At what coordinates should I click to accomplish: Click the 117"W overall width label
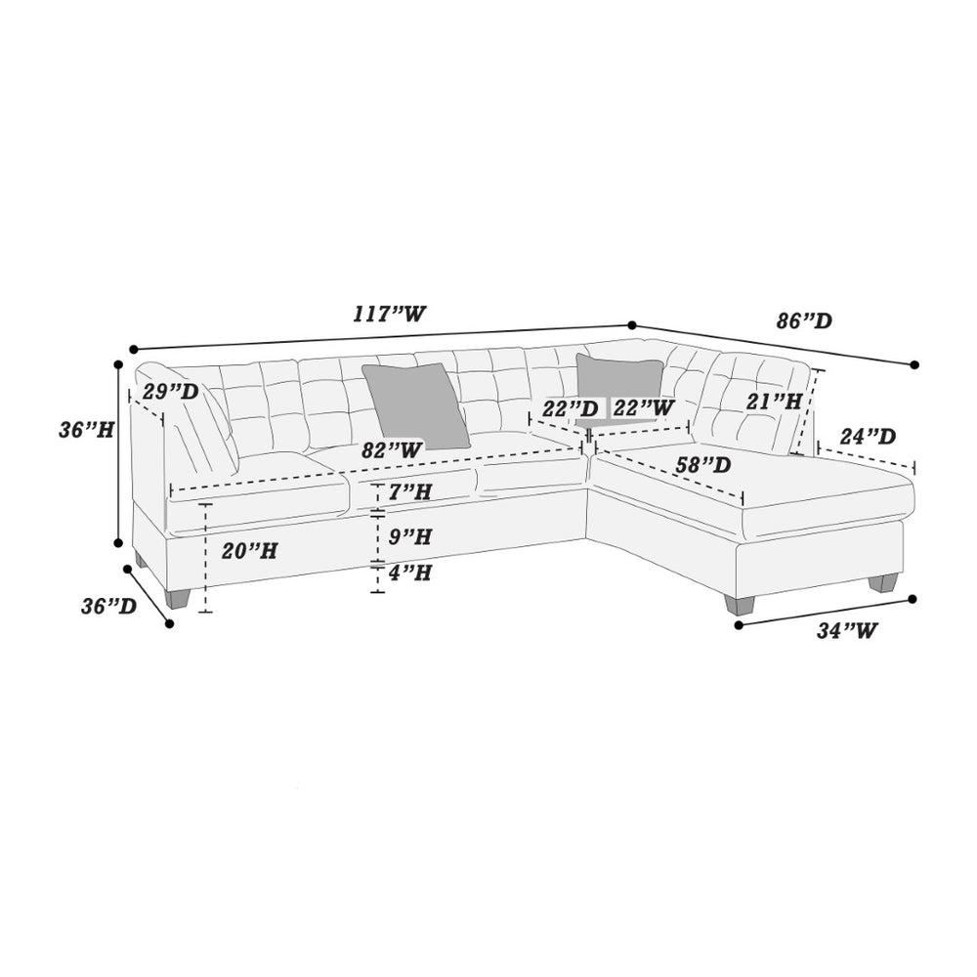click(x=390, y=314)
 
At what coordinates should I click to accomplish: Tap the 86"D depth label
click(x=804, y=320)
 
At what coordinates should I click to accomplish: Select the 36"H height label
click(x=87, y=429)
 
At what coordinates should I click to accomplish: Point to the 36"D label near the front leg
click(x=108, y=606)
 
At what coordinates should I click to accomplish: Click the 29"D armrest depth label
click(x=170, y=392)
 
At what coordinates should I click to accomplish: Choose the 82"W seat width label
click(x=392, y=449)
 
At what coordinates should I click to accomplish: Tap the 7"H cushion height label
click(x=410, y=492)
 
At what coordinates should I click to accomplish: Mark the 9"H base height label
click(x=410, y=535)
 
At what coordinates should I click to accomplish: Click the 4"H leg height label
click(x=410, y=573)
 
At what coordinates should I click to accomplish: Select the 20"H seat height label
click(x=249, y=551)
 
